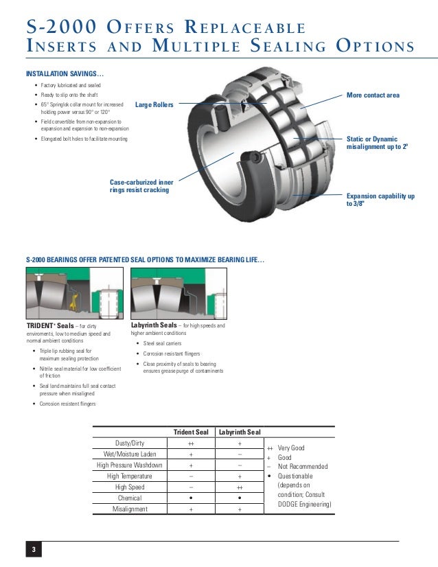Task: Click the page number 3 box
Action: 32,550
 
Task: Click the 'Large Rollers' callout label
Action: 154,104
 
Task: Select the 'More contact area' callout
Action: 373,95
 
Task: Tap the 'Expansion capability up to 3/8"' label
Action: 380,200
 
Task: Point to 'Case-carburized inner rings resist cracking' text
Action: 141,185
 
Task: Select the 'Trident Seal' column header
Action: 190,432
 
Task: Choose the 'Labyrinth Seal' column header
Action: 239,432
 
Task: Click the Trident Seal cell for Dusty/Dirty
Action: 190,443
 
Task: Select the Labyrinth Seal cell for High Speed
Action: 239,487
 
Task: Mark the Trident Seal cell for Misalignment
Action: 190,509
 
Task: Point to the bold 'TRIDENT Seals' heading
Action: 45,325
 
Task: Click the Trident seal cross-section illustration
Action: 74,292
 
